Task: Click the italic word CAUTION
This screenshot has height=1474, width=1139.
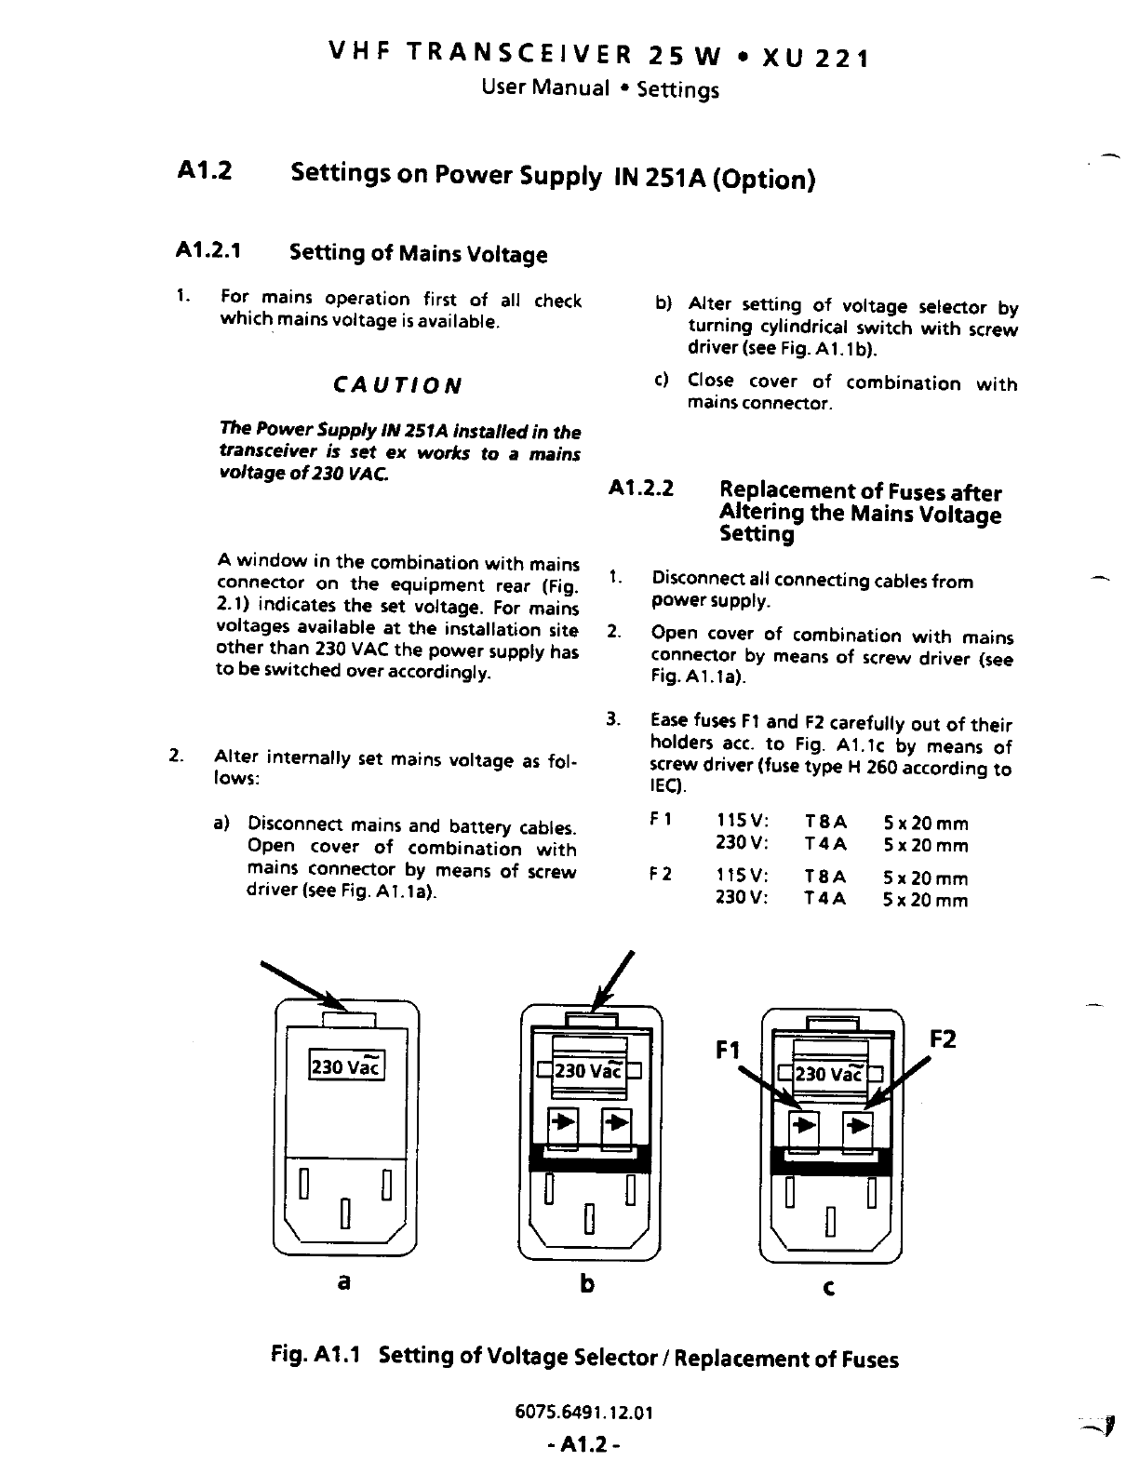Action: pyautogui.click(x=397, y=385)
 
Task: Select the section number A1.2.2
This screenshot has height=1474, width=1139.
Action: pyautogui.click(x=641, y=489)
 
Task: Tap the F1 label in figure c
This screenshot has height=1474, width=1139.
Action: pyautogui.click(x=728, y=1051)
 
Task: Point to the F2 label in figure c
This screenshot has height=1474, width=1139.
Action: pyautogui.click(x=943, y=1038)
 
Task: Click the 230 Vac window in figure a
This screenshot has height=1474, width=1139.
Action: pyautogui.click(x=346, y=1066)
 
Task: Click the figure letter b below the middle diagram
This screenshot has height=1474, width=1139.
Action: pyautogui.click(x=586, y=1284)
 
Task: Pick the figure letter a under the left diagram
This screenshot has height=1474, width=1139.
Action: pyautogui.click(x=344, y=1281)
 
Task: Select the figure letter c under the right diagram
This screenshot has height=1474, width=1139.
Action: pyautogui.click(x=829, y=1288)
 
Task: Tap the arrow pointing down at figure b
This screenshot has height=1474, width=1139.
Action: pyautogui.click(x=615, y=981)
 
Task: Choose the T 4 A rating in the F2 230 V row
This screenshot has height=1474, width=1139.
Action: pyautogui.click(x=825, y=900)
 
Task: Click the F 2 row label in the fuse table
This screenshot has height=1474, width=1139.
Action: pyautogui.click(x=660, y=875)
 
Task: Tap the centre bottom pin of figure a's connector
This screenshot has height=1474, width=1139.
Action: pyautogui.click(x=345, y=1213)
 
